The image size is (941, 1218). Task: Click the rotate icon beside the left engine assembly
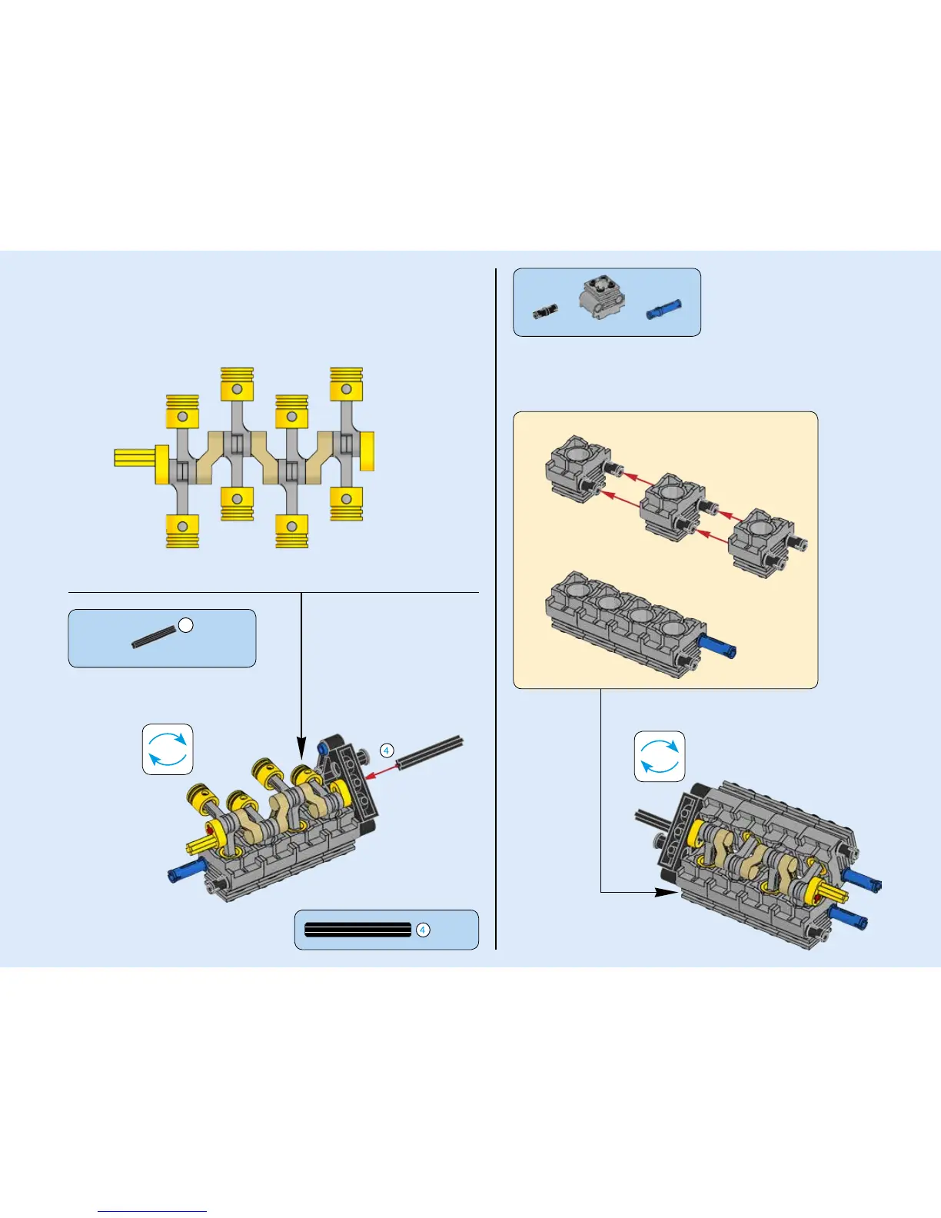168,749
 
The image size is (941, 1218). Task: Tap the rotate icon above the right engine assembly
660,757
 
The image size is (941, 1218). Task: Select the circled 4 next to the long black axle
387,750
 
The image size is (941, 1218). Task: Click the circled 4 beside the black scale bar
422,930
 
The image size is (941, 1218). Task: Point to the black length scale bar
357,930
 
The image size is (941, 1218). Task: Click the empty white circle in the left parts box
185,625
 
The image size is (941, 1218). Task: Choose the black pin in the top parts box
544,311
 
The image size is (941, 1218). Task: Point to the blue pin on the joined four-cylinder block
718,646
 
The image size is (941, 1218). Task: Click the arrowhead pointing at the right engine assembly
666,892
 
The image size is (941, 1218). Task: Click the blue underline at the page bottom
152,1211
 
